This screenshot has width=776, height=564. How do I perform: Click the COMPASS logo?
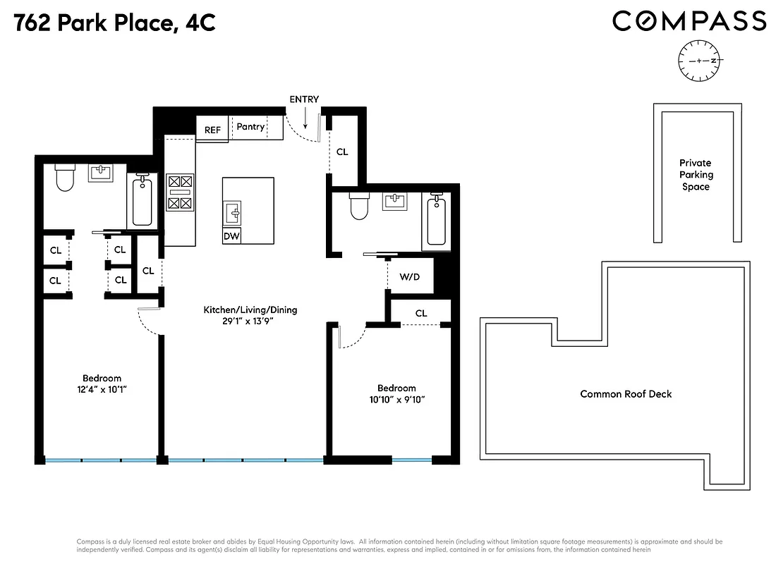pos(689,20)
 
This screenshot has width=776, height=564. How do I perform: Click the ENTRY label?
pos(304,99)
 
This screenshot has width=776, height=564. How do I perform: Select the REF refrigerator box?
pos(212,130)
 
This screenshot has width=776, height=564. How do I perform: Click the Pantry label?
pos(250,127)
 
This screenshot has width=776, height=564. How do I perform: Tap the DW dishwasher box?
pos(231,237)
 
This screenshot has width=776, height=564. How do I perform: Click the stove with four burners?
pos(179,192)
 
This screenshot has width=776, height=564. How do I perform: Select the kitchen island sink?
pos(233,211)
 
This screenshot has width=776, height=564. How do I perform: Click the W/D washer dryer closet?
pos(409,277)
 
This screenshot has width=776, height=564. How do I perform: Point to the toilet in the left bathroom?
pos(65,179)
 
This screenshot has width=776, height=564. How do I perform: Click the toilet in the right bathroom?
pos(358,207)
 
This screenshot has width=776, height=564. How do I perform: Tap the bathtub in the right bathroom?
pos(437,221)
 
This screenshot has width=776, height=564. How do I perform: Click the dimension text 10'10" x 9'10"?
pos(396,400)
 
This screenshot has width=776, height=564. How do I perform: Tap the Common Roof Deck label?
pos(626,394)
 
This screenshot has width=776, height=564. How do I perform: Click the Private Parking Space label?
pos(695,175)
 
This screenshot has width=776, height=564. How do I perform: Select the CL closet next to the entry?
pos(342,152)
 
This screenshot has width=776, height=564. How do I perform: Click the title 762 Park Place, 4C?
pos(114,23)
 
